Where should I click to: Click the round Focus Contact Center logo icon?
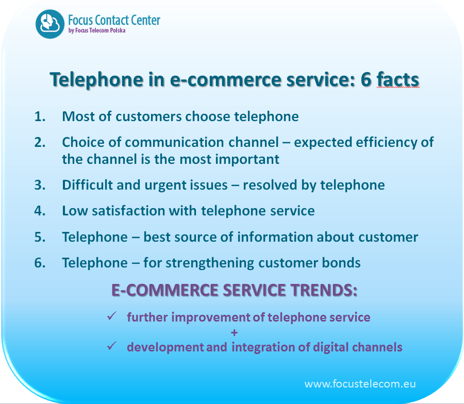coord(49,24)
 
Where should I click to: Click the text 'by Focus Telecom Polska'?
coord(97,30)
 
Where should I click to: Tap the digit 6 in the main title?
coord(366,79)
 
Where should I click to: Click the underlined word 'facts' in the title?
coord(397,79)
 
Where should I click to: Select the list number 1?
coord(40,116)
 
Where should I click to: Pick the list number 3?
coord(40,185)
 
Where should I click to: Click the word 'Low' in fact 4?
coord(75,211)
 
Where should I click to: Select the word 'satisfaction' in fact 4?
coord(128,211)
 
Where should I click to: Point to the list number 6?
coord(40,263)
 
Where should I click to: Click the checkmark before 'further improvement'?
coord(112,316)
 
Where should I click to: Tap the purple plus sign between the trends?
coord(235,333)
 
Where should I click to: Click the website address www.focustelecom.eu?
coord(360,384)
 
